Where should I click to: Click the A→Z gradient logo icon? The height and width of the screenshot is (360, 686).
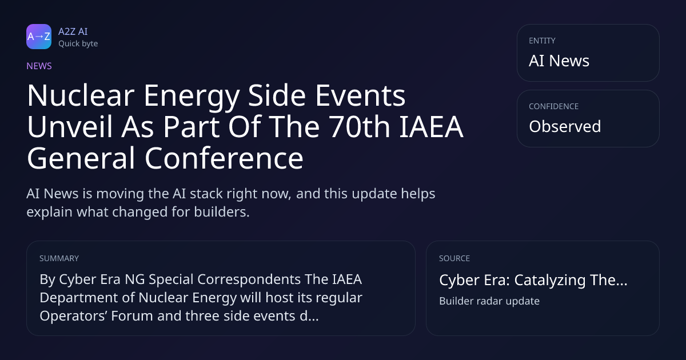point(39,37)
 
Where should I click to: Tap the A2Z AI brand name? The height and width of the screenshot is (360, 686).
point(73,31)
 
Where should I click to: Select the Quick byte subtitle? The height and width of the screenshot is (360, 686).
point(78,44)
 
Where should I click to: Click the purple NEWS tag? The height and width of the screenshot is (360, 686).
point(39,66)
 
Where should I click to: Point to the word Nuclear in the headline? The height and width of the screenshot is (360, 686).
point(81,95)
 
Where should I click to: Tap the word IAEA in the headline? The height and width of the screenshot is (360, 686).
point(431,127)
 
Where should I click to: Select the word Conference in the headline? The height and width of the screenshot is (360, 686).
point(224,158)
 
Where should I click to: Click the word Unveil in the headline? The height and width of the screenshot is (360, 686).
point(70,127)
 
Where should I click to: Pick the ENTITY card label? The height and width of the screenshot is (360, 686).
point(542,41)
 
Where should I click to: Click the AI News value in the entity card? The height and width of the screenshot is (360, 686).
point(559,61)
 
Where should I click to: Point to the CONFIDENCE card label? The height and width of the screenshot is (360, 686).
point(554,106)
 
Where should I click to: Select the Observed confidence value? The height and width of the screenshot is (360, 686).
point(565,126)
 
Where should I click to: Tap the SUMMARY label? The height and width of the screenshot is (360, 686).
point(59,258)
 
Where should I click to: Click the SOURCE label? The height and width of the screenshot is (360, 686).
point(454,258)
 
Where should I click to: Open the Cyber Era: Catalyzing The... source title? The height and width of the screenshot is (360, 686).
point(533,280)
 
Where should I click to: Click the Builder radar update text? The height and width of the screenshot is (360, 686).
point(489,301)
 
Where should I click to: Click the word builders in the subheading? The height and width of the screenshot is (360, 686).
point(222,212)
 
